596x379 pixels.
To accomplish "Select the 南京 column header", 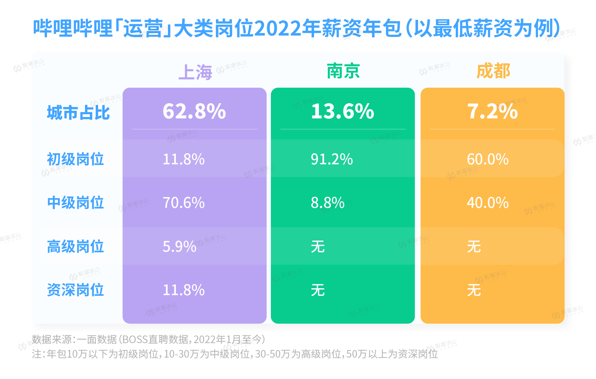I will click(x=343, y=71).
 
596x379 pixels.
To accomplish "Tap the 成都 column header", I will click(x=493, y=71).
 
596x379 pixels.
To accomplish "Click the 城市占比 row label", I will click(x=78, y=113).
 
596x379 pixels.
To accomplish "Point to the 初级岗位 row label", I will click(x=75, y=159).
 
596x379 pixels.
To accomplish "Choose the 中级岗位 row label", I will click(x=75, y=203).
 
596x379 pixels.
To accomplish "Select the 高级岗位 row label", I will click(x=75, y=246).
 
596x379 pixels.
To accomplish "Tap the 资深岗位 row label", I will click(x=75, y=290).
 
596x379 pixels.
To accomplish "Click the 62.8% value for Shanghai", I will click(x=194, y=111).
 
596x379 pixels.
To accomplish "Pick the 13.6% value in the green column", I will click(x=342, y=111).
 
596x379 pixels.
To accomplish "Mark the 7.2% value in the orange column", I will click(x=492, y=111).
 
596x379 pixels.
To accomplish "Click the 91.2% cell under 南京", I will click(x=332, y=159).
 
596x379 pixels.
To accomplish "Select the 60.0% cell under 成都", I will click(x=488, y=159).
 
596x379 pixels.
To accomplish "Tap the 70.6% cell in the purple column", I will click(x=183, y=203).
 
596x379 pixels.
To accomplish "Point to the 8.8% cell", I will click(x=328, y=203).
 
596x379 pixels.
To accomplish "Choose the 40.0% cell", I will click(x=488, y=203).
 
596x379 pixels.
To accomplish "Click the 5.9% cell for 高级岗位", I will click(x=179, y=246).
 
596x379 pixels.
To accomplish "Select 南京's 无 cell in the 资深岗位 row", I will click(x=318, y=290).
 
